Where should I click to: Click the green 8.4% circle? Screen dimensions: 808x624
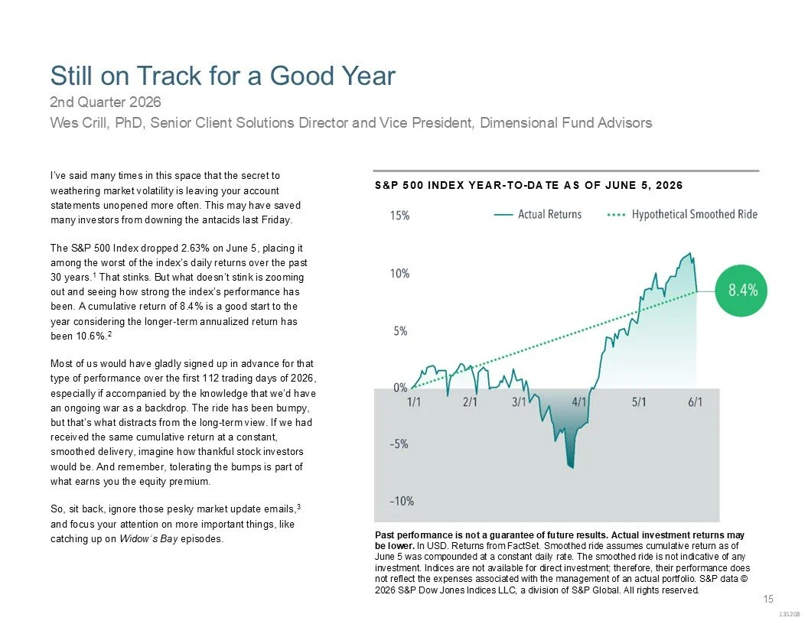tap(741, 291)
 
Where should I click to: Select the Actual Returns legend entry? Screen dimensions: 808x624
tap(537, 214)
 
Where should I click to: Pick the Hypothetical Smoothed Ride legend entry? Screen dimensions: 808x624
tap(683, 214)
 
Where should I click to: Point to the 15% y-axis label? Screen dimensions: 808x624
tap(400, 216)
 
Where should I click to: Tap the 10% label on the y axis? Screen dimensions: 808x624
tap(400, 274)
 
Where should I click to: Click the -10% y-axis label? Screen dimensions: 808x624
tap(402, 501)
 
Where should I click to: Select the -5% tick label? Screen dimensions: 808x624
tap(399, 444)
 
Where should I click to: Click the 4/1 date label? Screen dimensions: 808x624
tap(579, 401)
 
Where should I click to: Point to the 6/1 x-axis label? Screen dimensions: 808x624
tap(696, 401)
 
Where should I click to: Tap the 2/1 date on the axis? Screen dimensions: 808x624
tap(470, 401)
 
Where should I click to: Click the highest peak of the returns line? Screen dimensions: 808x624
tap(689, 253)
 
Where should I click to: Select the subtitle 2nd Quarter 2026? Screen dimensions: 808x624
tap(105, 102)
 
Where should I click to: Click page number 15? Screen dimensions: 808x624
tap(768, 599)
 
